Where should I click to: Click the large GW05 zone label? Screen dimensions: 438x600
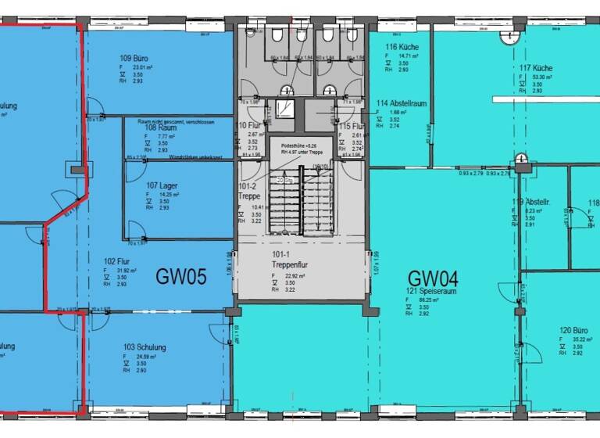(180, 276)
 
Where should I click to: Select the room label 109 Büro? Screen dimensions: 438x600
(134, 58)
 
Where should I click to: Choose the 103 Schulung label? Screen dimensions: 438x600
(145, 347)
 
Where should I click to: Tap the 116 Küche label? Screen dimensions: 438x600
(402, 47)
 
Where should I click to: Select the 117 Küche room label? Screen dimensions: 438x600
(537, 68)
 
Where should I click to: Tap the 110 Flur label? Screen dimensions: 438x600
(248, 126)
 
